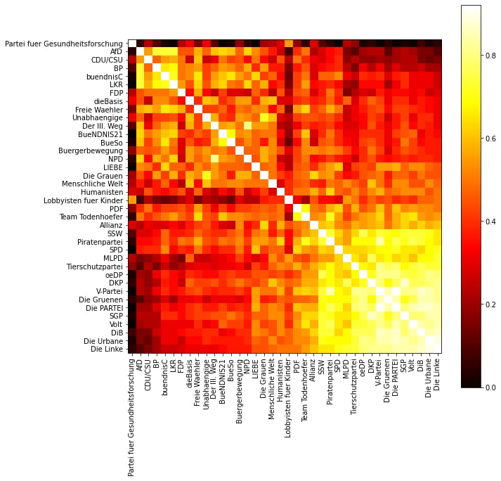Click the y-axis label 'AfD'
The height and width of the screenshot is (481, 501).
point(117,52)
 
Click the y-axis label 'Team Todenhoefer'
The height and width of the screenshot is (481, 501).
point(93,217)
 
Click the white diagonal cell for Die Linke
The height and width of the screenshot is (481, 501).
point(438,349)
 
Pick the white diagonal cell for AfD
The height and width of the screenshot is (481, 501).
point(140,52)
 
